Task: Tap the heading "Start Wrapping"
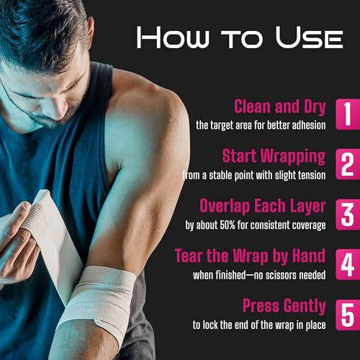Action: [x=274, y=157]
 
